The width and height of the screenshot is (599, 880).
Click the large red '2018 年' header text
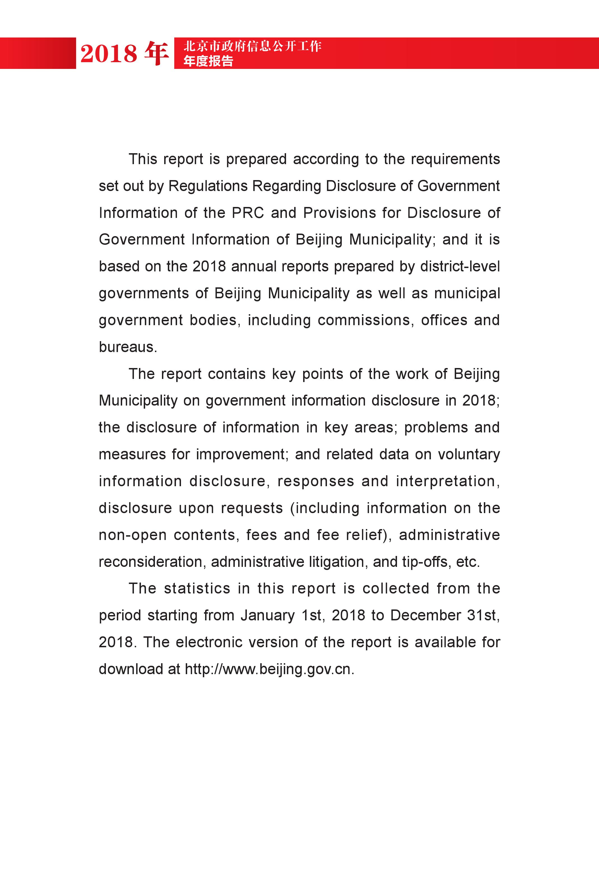click(124, 53)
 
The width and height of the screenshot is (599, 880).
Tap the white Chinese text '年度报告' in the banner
click(208, 60)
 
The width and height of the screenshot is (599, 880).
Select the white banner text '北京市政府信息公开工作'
click(252, 46)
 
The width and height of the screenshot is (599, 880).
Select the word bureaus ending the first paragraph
click(128, 347)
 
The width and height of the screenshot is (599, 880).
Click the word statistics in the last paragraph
click(197, 588)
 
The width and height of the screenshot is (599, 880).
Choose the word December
click(426, 615)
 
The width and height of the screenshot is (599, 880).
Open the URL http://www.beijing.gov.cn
click(269, 669)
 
